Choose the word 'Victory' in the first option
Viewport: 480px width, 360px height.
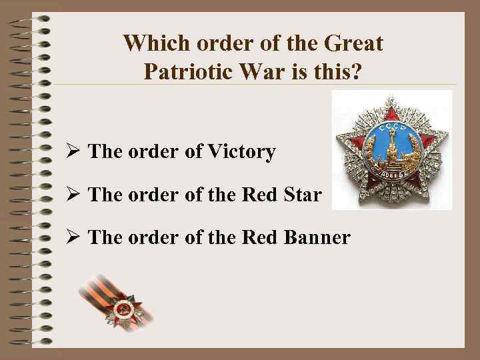pos(241,152)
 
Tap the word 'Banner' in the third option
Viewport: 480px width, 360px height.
pos(315,237)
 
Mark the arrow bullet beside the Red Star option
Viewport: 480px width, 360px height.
pos(73,196)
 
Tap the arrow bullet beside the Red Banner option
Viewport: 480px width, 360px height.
pos(73,238)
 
